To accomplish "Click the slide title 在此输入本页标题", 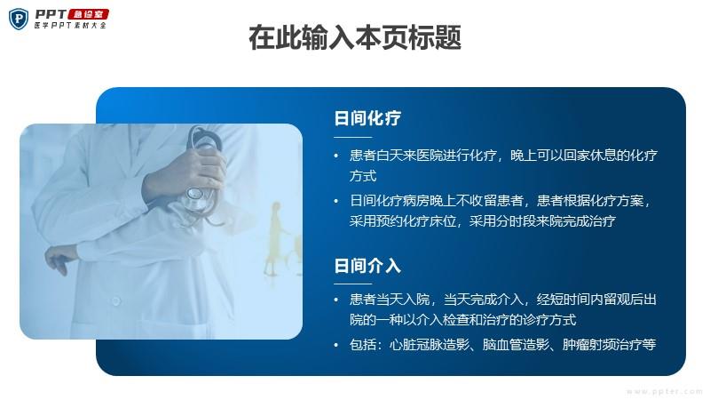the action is tap(355, 37).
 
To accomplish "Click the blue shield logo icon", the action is tap(19, 19).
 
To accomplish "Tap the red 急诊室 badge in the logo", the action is tap(89, 14).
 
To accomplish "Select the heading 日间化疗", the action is tap(367, 118).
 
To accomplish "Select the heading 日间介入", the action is tap(367, 266).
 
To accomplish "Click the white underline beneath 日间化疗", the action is tap(352, 137).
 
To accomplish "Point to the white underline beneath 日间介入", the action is tap(352, 284).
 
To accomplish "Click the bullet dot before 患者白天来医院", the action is tap(336, 156).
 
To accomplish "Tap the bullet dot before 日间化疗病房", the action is tap(336, 201).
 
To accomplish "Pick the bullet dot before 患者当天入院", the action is tap(336, 300).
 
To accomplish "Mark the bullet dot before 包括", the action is tap(336, 345).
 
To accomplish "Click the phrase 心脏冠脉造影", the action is tap(430, 345).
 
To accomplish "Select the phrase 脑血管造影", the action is tap(516, 345).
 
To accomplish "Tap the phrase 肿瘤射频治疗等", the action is tap(609, 345).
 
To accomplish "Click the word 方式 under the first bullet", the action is tap(363, 176).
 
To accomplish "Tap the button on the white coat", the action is tap(116, 300).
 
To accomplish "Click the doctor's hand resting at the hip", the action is tap(62, 258).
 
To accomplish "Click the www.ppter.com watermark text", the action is tap(664, 391).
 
